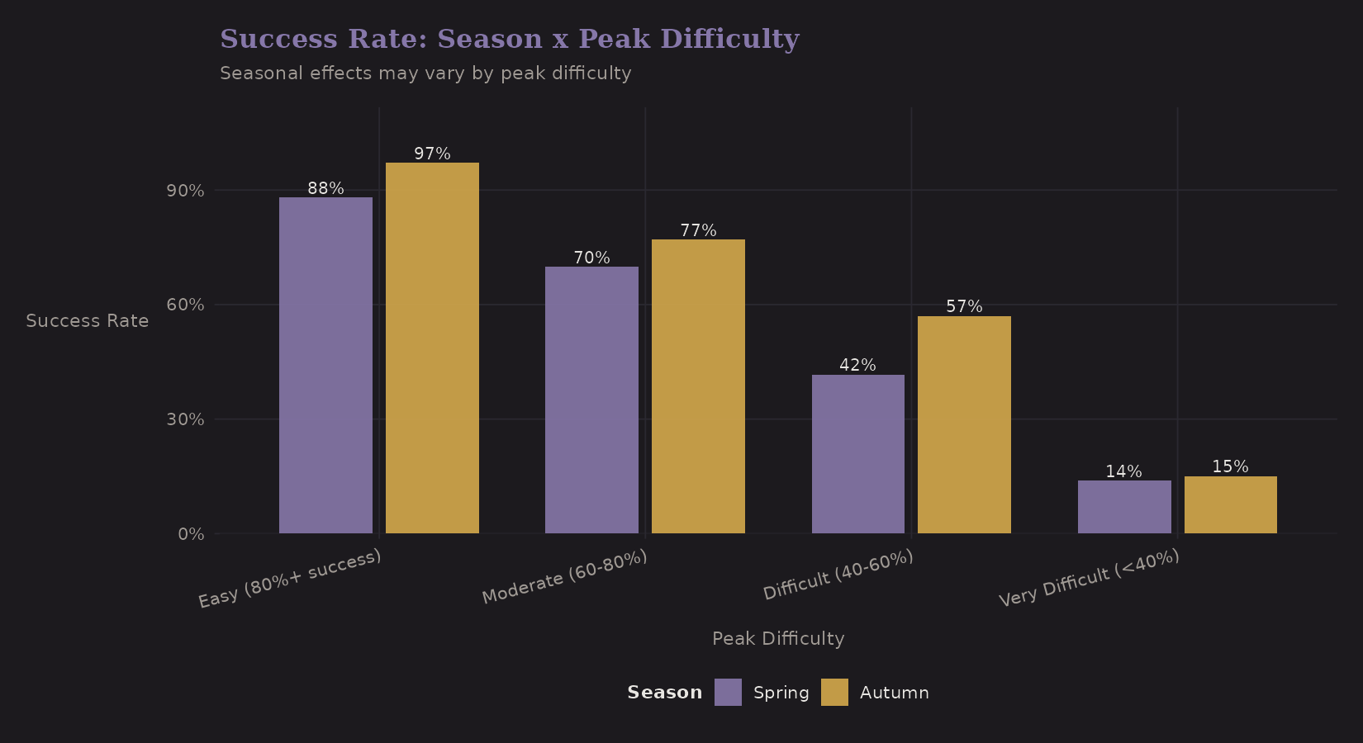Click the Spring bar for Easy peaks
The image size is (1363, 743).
325,365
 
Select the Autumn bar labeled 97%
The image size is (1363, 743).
432,348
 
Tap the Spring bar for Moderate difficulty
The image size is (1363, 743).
591,400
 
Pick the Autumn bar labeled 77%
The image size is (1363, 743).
698,386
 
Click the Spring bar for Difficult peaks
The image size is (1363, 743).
857,454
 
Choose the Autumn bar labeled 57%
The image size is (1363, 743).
964,424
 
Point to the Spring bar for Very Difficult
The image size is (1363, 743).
1124,507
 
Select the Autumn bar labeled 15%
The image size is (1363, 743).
1230,504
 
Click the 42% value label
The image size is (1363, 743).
857,365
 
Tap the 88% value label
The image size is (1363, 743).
325,188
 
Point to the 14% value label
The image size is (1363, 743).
1123,471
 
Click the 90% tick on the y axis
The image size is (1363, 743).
185,191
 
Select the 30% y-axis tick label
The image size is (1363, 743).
185,419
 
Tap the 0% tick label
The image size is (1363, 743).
190,534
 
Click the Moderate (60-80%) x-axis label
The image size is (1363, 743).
564,576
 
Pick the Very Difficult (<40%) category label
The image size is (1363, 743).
1089,578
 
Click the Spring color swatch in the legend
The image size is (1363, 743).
728,692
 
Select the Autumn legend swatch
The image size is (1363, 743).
834,692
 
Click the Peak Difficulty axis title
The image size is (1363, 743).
778,638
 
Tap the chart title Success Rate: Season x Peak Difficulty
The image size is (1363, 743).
509,39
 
